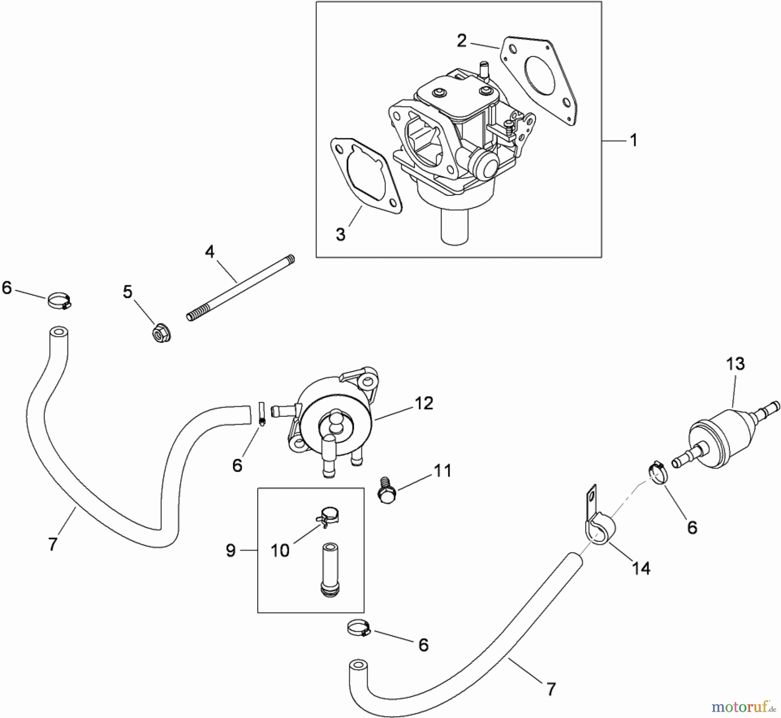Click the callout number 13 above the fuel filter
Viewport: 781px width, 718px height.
pos(735,364)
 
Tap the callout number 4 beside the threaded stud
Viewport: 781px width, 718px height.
pos(210,251)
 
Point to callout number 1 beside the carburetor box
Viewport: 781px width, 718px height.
pos(633,140)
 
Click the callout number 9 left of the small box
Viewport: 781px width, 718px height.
pos(230,550)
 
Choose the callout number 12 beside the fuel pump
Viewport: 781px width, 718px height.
pos(424,403)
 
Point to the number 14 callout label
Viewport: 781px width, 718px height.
pos(641,568)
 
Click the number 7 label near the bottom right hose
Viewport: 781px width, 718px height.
pos(551,689)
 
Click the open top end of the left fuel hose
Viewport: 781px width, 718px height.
pos(58,333)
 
